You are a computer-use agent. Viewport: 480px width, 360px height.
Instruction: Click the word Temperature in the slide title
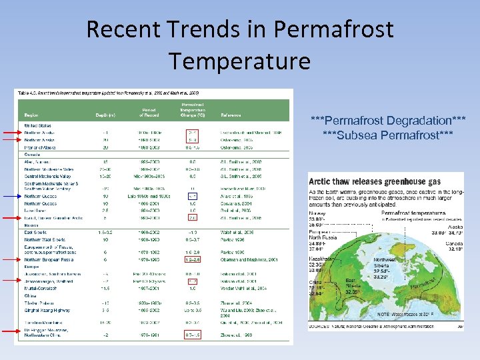239,61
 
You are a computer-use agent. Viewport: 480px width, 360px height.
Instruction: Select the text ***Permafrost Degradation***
388,121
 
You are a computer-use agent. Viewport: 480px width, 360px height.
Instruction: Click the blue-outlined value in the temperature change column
192,197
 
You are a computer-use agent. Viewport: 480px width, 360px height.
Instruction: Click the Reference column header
232,115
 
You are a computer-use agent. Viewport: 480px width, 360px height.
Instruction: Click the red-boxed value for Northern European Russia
192,260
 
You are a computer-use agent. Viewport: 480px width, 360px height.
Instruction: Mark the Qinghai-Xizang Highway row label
45,309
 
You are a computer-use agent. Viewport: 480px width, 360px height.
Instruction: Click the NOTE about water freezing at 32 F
407,313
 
